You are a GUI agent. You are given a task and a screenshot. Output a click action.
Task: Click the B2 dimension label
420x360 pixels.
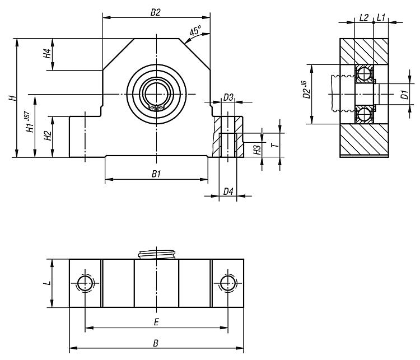[x=155, y=12]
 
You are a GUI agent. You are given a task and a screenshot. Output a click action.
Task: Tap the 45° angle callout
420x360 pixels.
[x=195, y=31]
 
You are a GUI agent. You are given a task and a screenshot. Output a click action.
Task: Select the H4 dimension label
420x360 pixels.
[x=48, y=54]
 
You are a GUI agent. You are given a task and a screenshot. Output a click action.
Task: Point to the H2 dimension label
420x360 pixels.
[x=48, y=136]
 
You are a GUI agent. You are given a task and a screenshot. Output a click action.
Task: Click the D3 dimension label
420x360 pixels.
[x=228, y=97]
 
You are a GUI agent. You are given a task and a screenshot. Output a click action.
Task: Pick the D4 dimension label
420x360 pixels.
[x=228, y=191]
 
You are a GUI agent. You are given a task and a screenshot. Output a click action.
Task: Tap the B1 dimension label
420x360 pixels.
[x=156, y=174]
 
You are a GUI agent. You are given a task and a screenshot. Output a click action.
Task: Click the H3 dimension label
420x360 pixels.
[x=257, y=150]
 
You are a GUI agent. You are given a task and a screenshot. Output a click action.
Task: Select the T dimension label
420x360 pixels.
[x=275, y=145]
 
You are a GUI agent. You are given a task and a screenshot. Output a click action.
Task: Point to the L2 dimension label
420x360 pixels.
[x=364, y=18]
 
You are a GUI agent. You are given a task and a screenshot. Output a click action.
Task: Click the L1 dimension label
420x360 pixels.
[x=381, y=18]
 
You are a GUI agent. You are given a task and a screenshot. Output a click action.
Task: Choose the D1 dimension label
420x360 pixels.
[x=404, y=95]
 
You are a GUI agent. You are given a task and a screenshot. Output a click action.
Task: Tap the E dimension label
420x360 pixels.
[x=156, y=322]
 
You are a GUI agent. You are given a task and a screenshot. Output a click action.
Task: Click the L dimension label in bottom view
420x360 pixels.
[x=48, y=283]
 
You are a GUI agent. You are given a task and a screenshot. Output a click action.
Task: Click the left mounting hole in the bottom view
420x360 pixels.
[x=85, y=283]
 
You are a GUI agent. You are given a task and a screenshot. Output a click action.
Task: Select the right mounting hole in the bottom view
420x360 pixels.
[x=228, y=283]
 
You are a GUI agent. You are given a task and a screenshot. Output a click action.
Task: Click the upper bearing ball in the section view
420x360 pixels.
[x=364, y=73]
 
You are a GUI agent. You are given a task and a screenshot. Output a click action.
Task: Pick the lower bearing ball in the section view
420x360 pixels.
[x=364, y=115]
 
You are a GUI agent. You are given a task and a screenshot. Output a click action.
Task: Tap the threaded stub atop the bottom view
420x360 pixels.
[x=157, y=254]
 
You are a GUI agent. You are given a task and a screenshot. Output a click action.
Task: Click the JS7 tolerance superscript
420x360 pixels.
[x=27, y=115]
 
